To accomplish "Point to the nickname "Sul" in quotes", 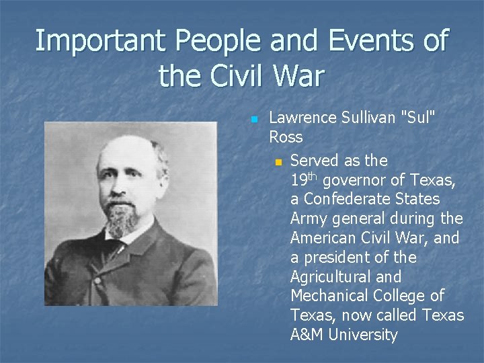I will (418, 118).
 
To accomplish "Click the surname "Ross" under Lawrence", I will (286, 137).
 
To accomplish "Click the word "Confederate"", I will (347, 199).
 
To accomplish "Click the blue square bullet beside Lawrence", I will (254, 120).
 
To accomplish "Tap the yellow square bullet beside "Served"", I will (278, 162).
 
